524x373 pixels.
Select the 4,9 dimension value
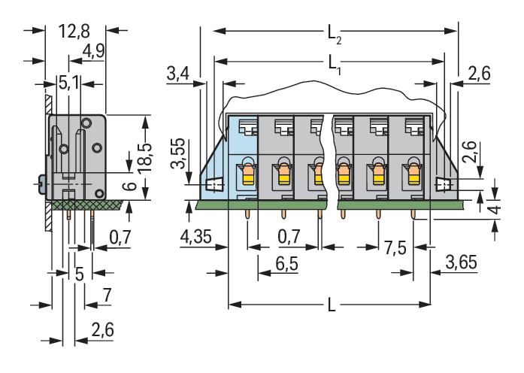coord(94,51)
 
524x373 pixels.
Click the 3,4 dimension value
coord(177,74)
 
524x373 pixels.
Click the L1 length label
coord(335,63)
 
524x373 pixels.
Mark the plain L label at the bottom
coord(331,307)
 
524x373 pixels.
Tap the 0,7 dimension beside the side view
coord(120,238)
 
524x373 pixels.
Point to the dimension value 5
coord(79,273)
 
